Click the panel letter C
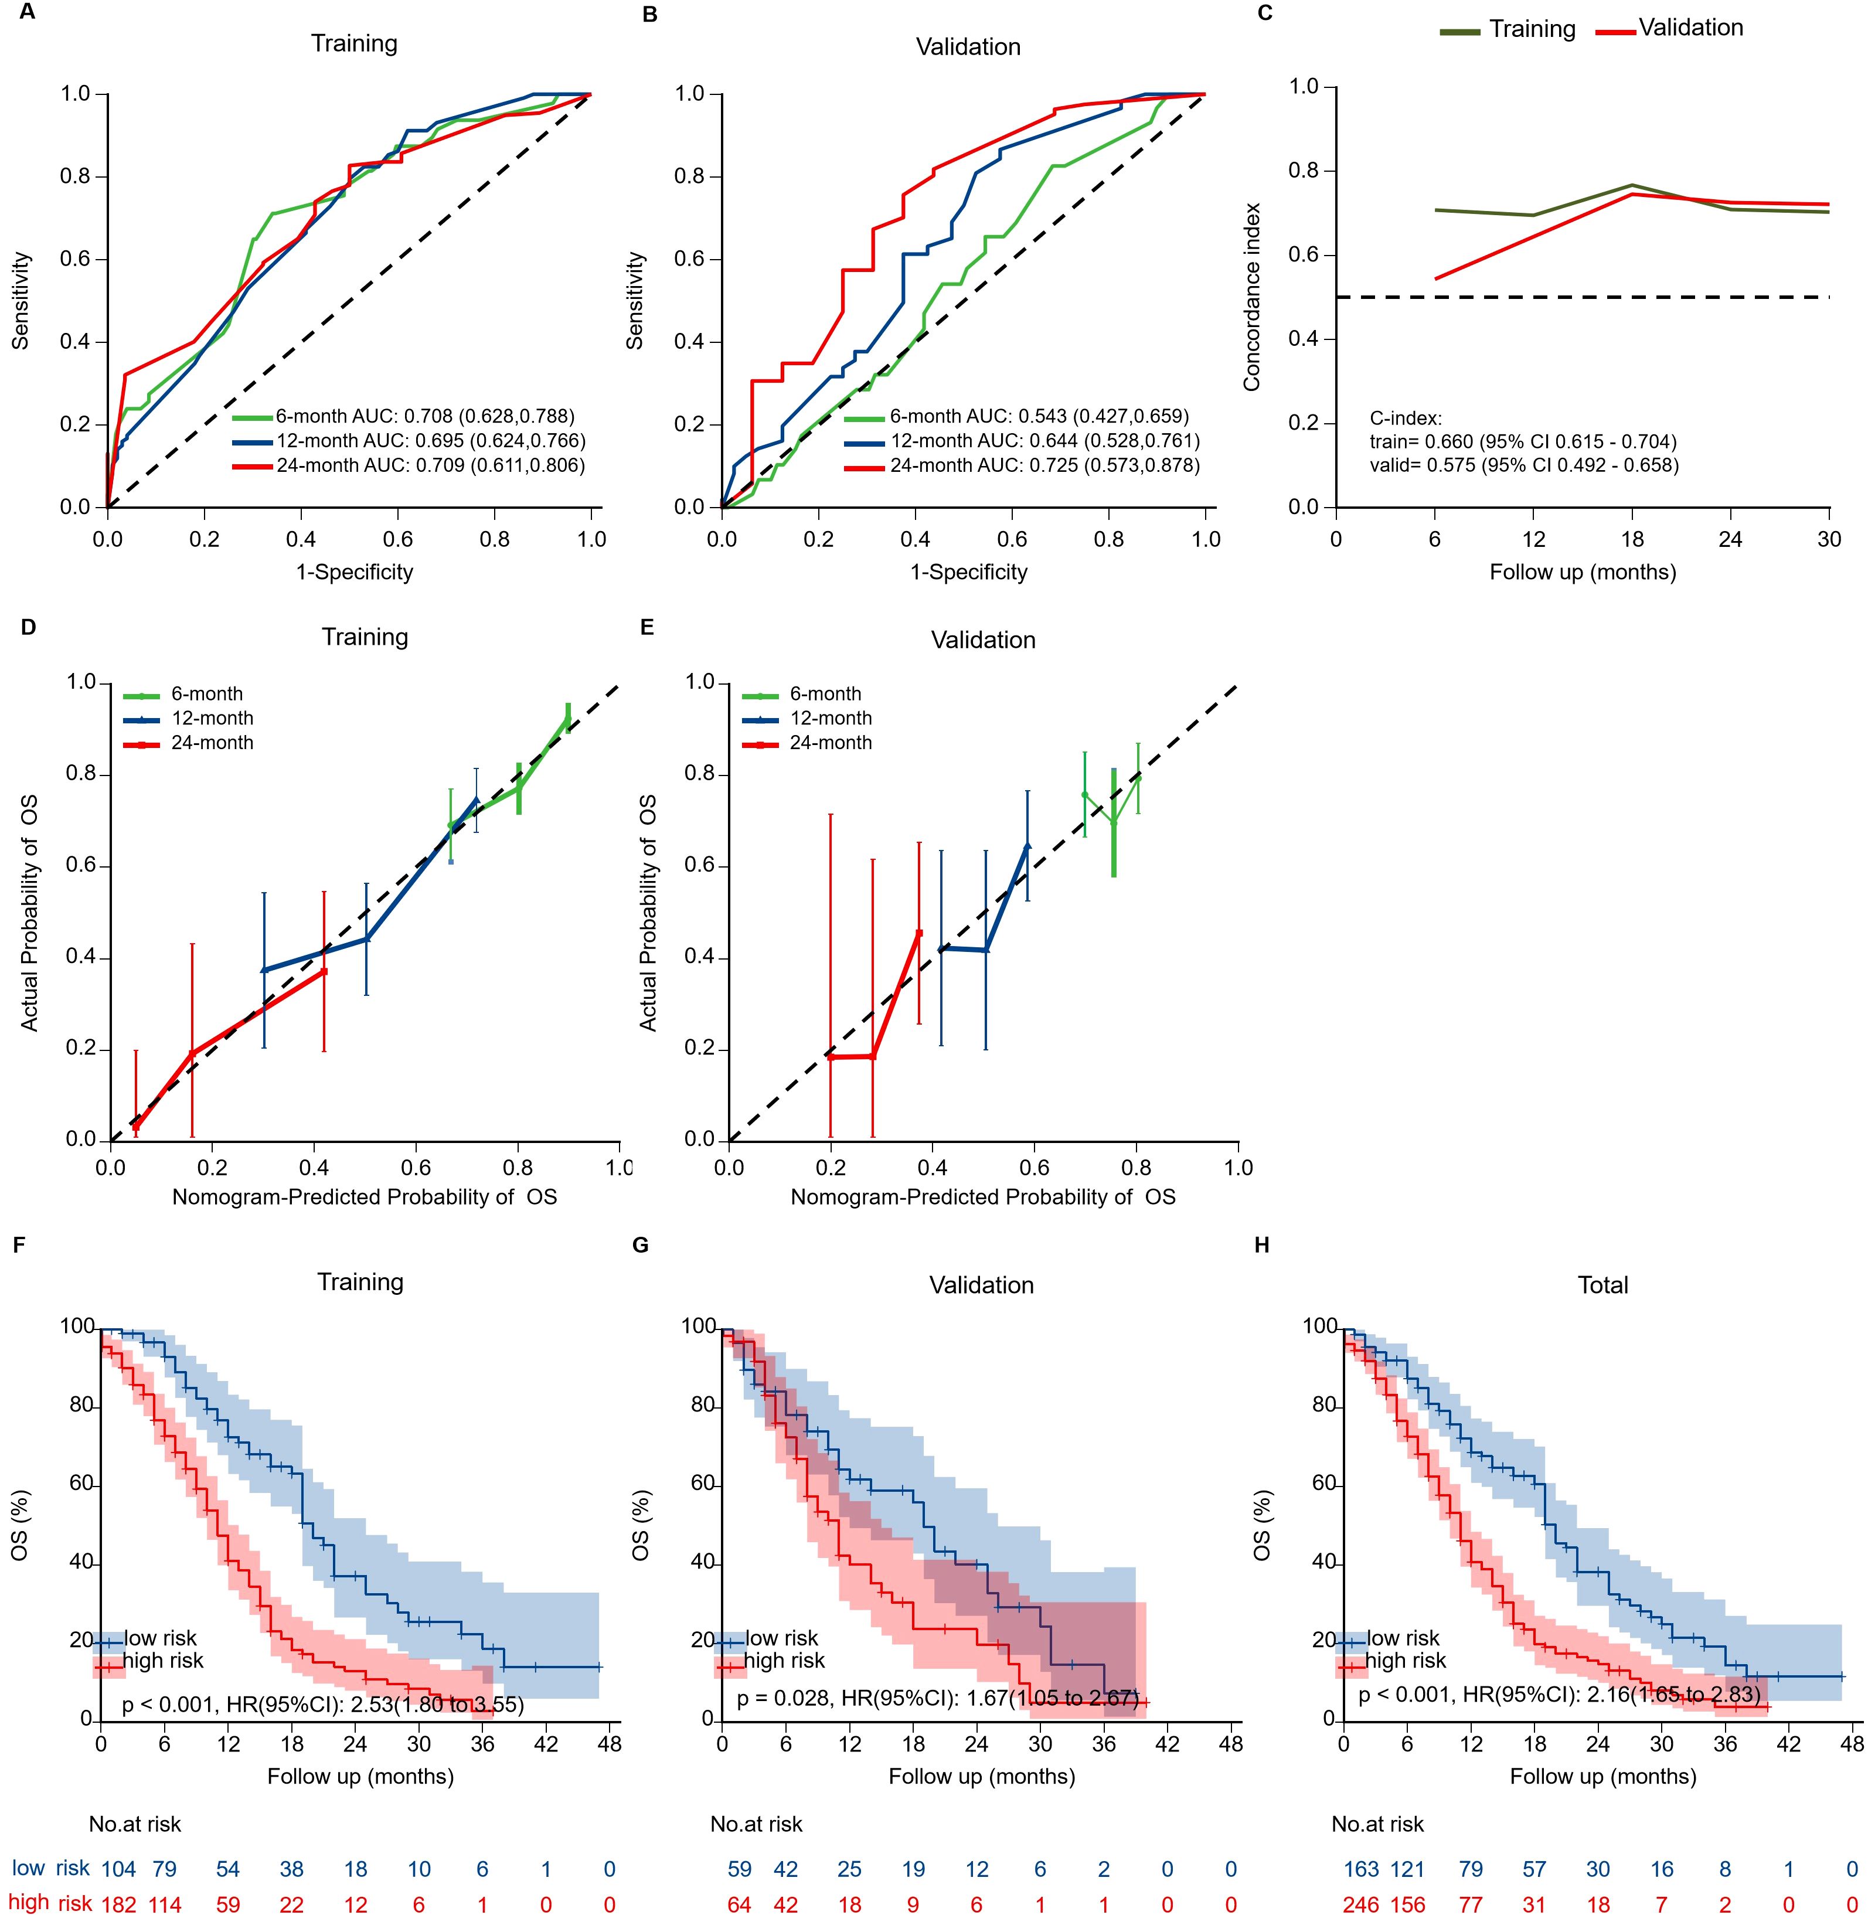point(1265,13)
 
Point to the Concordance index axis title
point(1252,297)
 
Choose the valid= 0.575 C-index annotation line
point(1523,465)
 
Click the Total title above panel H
point(1602,1285)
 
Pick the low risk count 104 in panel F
point(120,1869)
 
